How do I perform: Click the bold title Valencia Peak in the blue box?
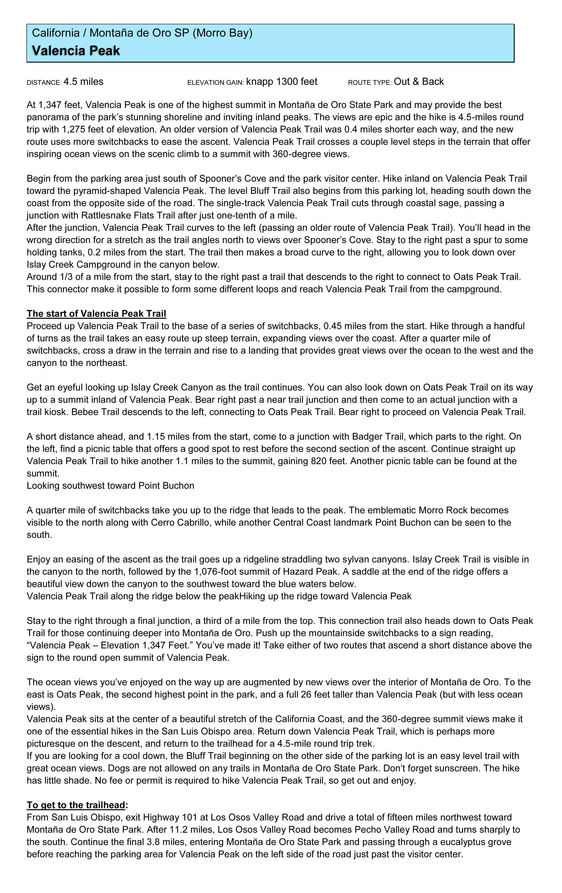[x=76, y=51]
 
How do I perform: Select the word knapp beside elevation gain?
[x=259, y=82]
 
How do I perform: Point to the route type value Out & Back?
[x=419, y=82]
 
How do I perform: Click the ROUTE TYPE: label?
[x=369, y=83]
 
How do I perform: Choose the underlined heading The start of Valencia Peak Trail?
[x=96, y=314]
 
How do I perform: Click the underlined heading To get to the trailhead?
[x=76, y=805]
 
